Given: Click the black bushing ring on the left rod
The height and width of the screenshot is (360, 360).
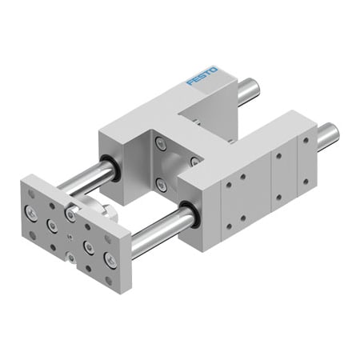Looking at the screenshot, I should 113,170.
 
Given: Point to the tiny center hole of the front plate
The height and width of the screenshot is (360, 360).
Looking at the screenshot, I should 71,237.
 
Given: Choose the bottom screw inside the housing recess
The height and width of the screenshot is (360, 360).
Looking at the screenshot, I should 162,186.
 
